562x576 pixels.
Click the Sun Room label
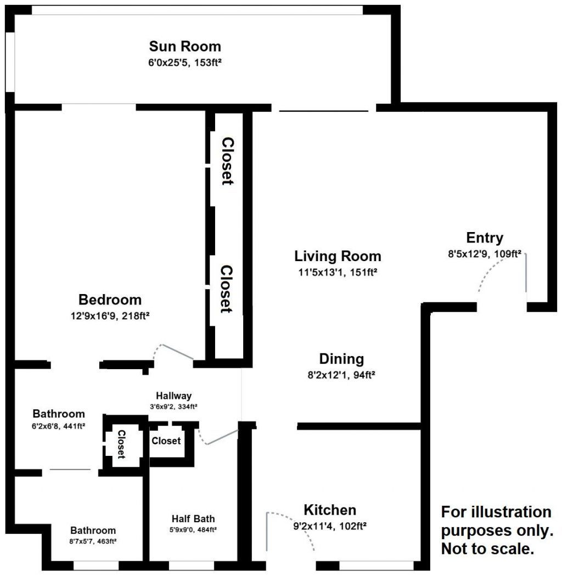[x=185, y=46]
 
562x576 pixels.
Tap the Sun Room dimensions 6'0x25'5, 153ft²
[x=185, y=63]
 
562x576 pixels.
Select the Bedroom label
[x=110, y=300]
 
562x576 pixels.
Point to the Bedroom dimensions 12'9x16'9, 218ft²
[x=110, y=316]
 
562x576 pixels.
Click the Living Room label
[x=338, y=256]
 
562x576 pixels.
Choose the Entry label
[x=484, y=238]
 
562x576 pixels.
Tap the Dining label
[x=341, y=359]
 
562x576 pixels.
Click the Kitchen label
[x=330, y=510]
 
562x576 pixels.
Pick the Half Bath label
[x=193, y=518]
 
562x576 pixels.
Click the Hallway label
[x=173, y=396]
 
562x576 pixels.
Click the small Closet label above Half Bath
[x=166, y=441]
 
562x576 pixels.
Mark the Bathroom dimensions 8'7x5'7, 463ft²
[x=93, y=540]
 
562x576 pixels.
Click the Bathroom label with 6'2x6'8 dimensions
[x=59, y=414]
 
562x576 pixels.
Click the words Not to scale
[x=488, y=549]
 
